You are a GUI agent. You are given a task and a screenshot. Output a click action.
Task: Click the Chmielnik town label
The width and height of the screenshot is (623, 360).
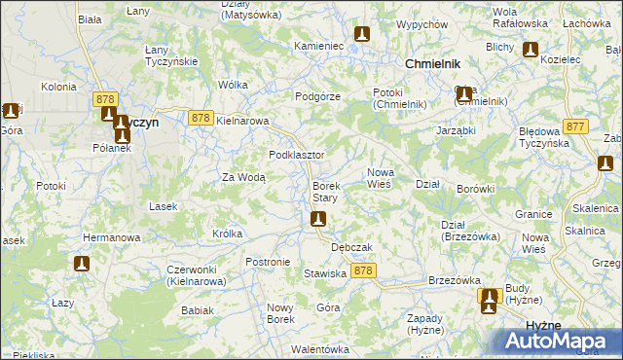(431, 63)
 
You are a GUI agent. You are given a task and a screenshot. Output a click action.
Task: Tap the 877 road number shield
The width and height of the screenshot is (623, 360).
(576, 126)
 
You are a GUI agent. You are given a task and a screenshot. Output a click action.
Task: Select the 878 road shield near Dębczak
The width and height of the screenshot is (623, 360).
(364, 270)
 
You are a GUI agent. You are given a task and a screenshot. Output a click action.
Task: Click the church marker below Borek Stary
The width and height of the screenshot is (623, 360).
(317, 221)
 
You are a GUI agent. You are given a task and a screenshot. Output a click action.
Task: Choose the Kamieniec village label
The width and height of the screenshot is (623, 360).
(319, 46)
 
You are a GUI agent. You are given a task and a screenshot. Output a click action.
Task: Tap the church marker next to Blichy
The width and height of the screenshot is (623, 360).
(531, 51)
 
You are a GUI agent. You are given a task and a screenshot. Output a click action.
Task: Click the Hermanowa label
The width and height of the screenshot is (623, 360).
(112, 237)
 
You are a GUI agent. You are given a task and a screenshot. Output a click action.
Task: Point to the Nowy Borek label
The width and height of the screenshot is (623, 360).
(280, 313)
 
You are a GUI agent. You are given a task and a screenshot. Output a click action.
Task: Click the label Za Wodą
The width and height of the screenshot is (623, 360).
(243, 177)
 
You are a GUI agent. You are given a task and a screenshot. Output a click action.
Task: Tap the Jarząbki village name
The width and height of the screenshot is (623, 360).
(456, 128)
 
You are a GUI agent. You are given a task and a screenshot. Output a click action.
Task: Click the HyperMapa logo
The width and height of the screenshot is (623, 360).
(554, 341)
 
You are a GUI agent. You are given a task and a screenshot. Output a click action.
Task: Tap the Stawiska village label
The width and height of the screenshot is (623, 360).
(325, 274)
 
